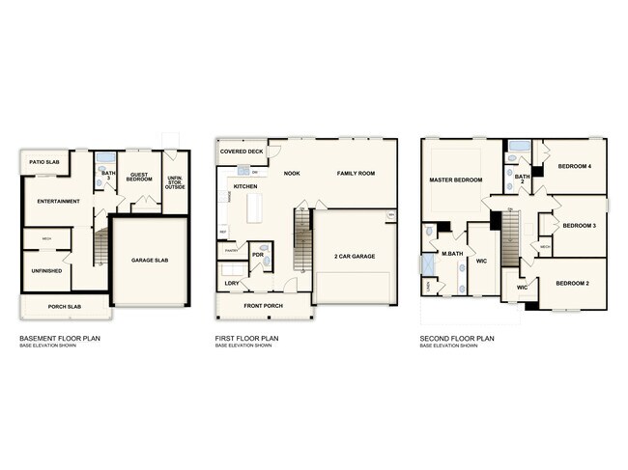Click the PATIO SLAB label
coord(44,162)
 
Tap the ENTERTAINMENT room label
coord(51,201)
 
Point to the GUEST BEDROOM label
coord(141,177)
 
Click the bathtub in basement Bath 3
coord(106,158)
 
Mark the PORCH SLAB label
coord(65,308)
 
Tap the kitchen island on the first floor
coord(257,207)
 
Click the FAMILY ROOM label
coord(356,174)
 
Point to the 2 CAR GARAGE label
coord(355,256)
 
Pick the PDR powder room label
coord(258,255)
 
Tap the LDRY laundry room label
coord(232,283)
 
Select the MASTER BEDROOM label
coord(455,180)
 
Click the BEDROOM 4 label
coord(577,167)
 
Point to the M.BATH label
coord(452,254)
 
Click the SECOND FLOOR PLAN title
coord(457,339)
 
